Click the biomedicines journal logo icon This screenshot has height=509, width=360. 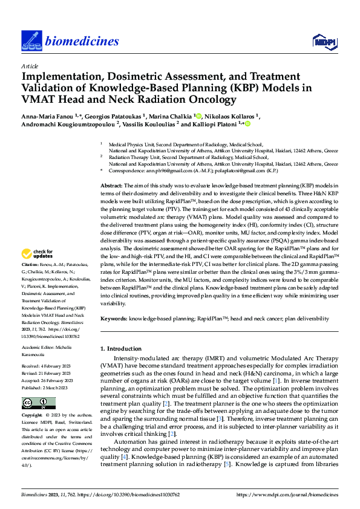point(30,41)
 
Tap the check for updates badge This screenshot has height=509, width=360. point(38,270)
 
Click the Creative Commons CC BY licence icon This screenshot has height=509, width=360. point(38,403)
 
